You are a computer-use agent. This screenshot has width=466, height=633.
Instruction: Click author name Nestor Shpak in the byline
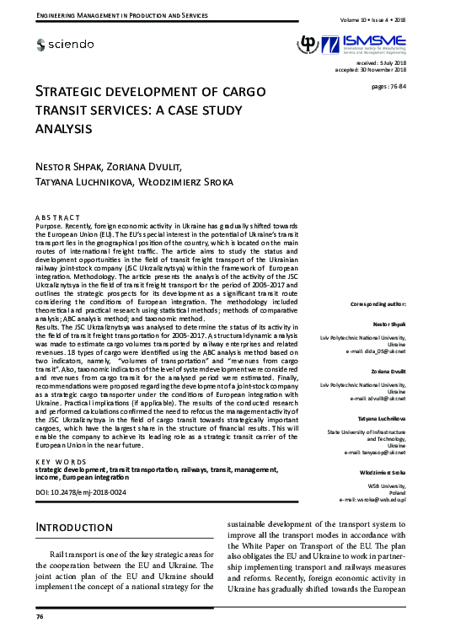click(73, 165)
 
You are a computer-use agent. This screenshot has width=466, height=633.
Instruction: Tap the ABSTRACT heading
click(58, 218)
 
